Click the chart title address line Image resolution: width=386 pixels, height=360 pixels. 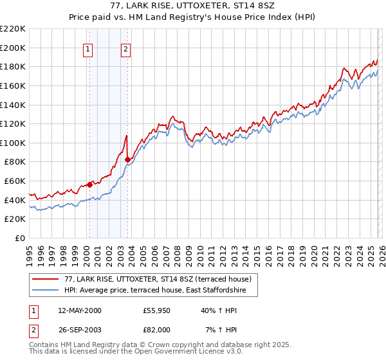pyautogui.click(x=193, y=6)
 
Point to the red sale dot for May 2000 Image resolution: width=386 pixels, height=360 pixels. pyautogui.click(x=89, y=185)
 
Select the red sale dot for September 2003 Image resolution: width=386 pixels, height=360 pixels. pyautogui.click(x=128, y=160)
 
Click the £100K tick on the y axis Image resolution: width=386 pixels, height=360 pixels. pyautogui.click(x=13, y=143)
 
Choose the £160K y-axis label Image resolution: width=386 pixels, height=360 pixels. pyautogui.click(x=13, y=85)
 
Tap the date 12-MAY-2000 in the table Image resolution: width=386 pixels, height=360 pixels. pyautogui.click(x=80, y=310)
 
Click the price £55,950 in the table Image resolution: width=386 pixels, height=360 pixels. pyautogui.click(x=157, y=310)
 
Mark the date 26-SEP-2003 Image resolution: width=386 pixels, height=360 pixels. pyautogui.click(x=79, y=329)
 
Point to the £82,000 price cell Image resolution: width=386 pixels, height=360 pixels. pyautogui.click(x=157, y=329)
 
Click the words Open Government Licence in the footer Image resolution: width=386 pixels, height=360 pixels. pyautogui.click(x=174, y=352)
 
